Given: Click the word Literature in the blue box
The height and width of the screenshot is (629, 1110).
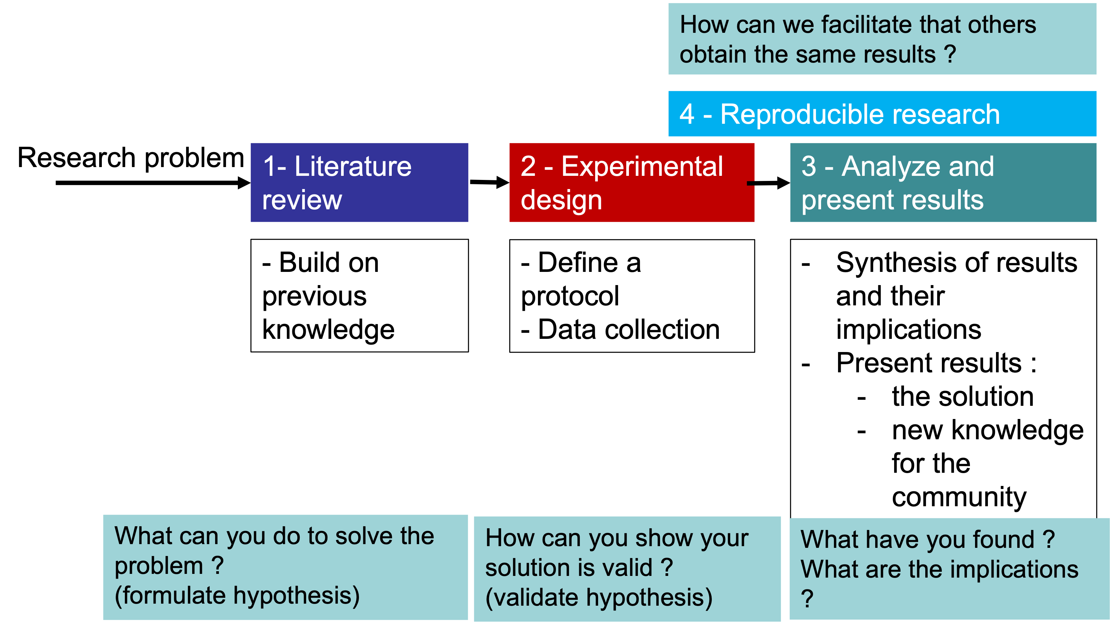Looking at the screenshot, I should (x=353, y=166).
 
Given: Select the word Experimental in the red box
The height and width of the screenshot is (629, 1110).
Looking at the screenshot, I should (x=642, y=166).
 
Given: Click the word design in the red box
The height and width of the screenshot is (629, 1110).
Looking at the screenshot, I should (x=561, y=200).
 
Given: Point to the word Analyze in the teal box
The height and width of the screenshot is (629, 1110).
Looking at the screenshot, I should (x=890, y=166).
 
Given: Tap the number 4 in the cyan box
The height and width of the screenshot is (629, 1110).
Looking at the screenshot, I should (x=687, y=115).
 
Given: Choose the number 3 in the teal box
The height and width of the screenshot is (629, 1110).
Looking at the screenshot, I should (x=809, y=166).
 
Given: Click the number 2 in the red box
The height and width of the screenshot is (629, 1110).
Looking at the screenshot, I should (x=528, y=166).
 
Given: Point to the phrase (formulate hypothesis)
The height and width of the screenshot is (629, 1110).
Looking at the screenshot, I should (x=237, y=596).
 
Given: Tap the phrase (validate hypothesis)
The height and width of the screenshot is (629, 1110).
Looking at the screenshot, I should (x=598, y=598).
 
